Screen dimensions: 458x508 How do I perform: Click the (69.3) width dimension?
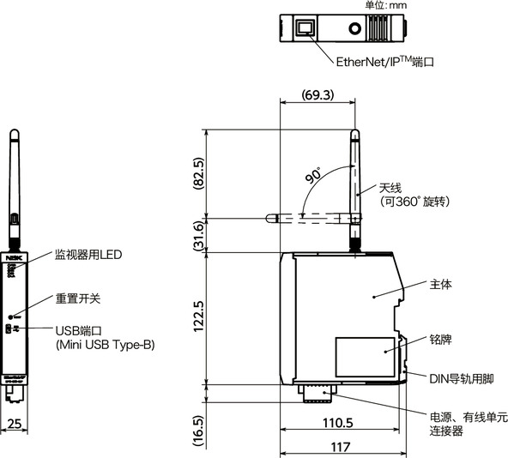tap(317, 94)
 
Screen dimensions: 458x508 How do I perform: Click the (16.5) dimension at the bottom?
tap(198, 427)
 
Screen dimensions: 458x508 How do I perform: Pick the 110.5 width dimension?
tap(338, 423)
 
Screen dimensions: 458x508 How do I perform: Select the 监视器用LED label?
tap(88, 255)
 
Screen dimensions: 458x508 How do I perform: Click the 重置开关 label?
tap(78, 298)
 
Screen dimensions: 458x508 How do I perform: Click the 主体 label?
tap(439, 284)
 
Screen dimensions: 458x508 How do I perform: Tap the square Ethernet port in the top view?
tap(305, 28)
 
